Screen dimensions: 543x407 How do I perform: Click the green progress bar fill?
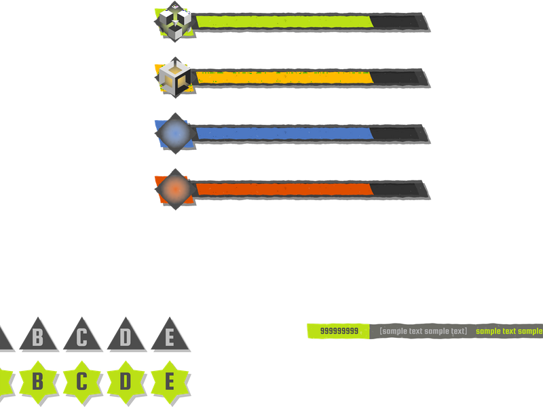[x=284, y=22]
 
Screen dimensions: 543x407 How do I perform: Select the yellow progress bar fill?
[x=284, y=77]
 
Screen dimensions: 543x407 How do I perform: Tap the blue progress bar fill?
[x=284, y=134]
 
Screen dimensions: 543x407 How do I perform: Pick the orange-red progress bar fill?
[x=284, y=189]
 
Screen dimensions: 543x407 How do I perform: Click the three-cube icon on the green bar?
[x=175, y=22]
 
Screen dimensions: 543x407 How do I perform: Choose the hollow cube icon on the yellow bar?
[x=175, y=77]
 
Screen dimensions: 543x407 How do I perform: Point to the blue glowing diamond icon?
[x=175, y=133]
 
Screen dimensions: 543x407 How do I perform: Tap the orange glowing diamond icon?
[x=175, y=189]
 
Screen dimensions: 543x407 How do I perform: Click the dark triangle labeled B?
[x=39, y=336]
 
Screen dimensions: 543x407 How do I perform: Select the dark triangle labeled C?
[x=82, y=336]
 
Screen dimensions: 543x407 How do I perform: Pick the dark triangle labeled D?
[x=126, y=336]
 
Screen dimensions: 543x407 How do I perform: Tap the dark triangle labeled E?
[x=170, y=336]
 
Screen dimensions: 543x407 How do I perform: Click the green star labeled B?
[x=38, y=382]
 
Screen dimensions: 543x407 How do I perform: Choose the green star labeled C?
[x=82, y=382]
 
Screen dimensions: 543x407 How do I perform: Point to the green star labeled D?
[x=126, y=382]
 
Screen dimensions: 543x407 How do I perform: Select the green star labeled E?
[x=170, y=382]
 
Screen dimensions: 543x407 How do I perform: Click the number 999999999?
[x=339, y=331]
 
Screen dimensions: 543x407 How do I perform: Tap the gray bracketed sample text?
[x=423, y=331]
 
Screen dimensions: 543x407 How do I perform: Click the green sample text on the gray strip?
[x=510, y=331]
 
